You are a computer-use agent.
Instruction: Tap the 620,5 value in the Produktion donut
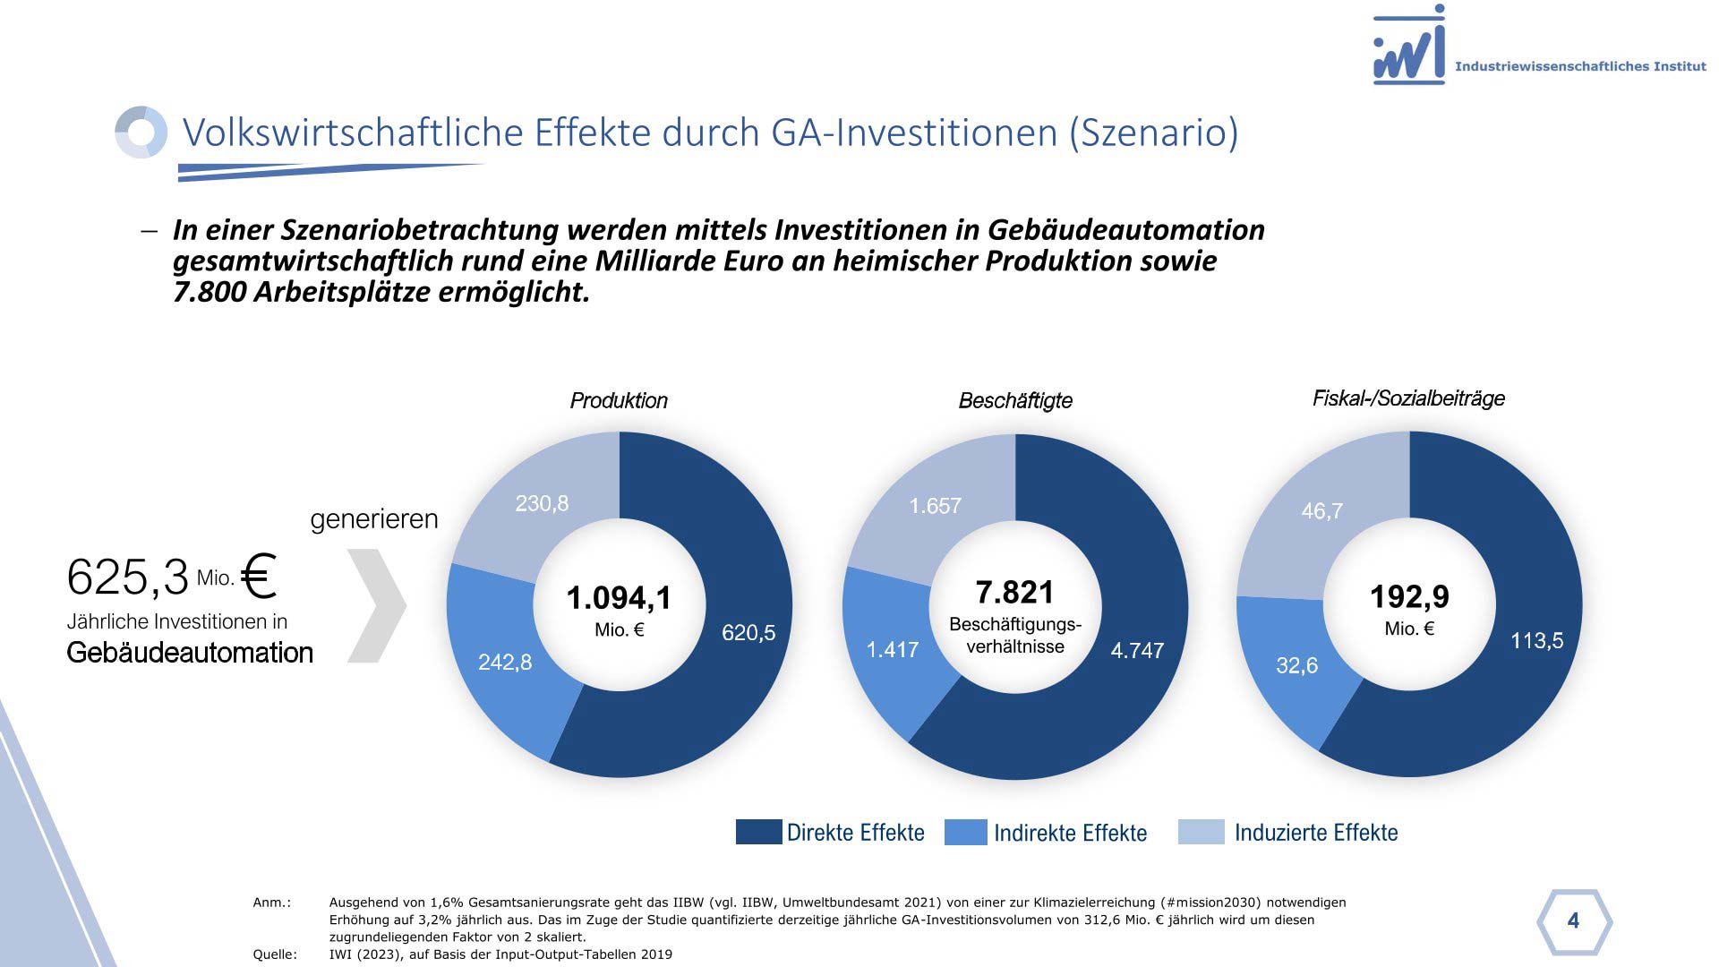[x=748, y=633]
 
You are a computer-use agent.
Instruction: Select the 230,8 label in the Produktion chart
[x=542, y=504]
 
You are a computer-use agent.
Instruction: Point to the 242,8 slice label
[x=505, y=663]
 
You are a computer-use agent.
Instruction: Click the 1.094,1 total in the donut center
[x=619, y=598]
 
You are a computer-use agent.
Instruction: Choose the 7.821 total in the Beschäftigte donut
[x=1014, y=593]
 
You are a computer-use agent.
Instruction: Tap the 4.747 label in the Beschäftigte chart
[x=1137, y=651]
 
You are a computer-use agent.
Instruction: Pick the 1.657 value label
[x=935, y=507]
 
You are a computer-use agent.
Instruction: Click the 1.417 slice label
[x=893, y=650]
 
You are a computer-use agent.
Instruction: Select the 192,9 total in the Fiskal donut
[x=1409, y=597]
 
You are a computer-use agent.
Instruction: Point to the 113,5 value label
[x=1536, y=641]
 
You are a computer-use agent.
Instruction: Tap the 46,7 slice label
[x=1321, y=511]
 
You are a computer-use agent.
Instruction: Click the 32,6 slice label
[x=1296, y=666]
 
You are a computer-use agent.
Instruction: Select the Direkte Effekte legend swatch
[x=758, y=832]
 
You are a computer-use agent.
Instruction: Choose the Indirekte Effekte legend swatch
[x=966, y=832]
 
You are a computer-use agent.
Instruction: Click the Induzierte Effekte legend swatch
[x=1201, y=832]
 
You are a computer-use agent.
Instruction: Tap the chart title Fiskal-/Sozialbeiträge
[x=1408, y=399]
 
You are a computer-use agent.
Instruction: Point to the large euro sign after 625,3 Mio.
[x=259, y=576]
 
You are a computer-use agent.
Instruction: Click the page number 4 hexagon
[x=1573, y=921]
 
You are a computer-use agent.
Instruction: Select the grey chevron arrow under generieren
[x=377, y=606]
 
